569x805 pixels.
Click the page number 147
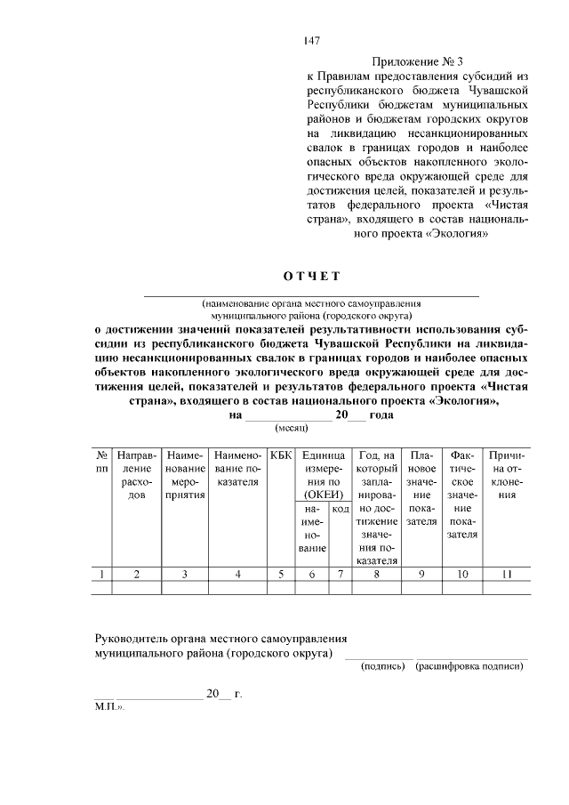pyautogui.click(x=310, y=40)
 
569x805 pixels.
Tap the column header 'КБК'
pyautogui.click(x=280, y=455)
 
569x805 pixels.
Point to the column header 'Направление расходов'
pyautogui.click(x=135, y=474)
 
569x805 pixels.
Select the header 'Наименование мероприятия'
pyautogui.click(x=185, y=474)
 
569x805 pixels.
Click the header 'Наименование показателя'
pyautogui.click(x=237, y=468)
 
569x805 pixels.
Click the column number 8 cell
pyautogui.click(x=377, y=574)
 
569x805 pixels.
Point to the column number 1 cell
pyautogui.click(x=103, y=574)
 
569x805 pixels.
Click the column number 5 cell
pyautogui.click(x=280, y=574)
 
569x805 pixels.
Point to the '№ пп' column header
pyautogui.click(x=103, y=461)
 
